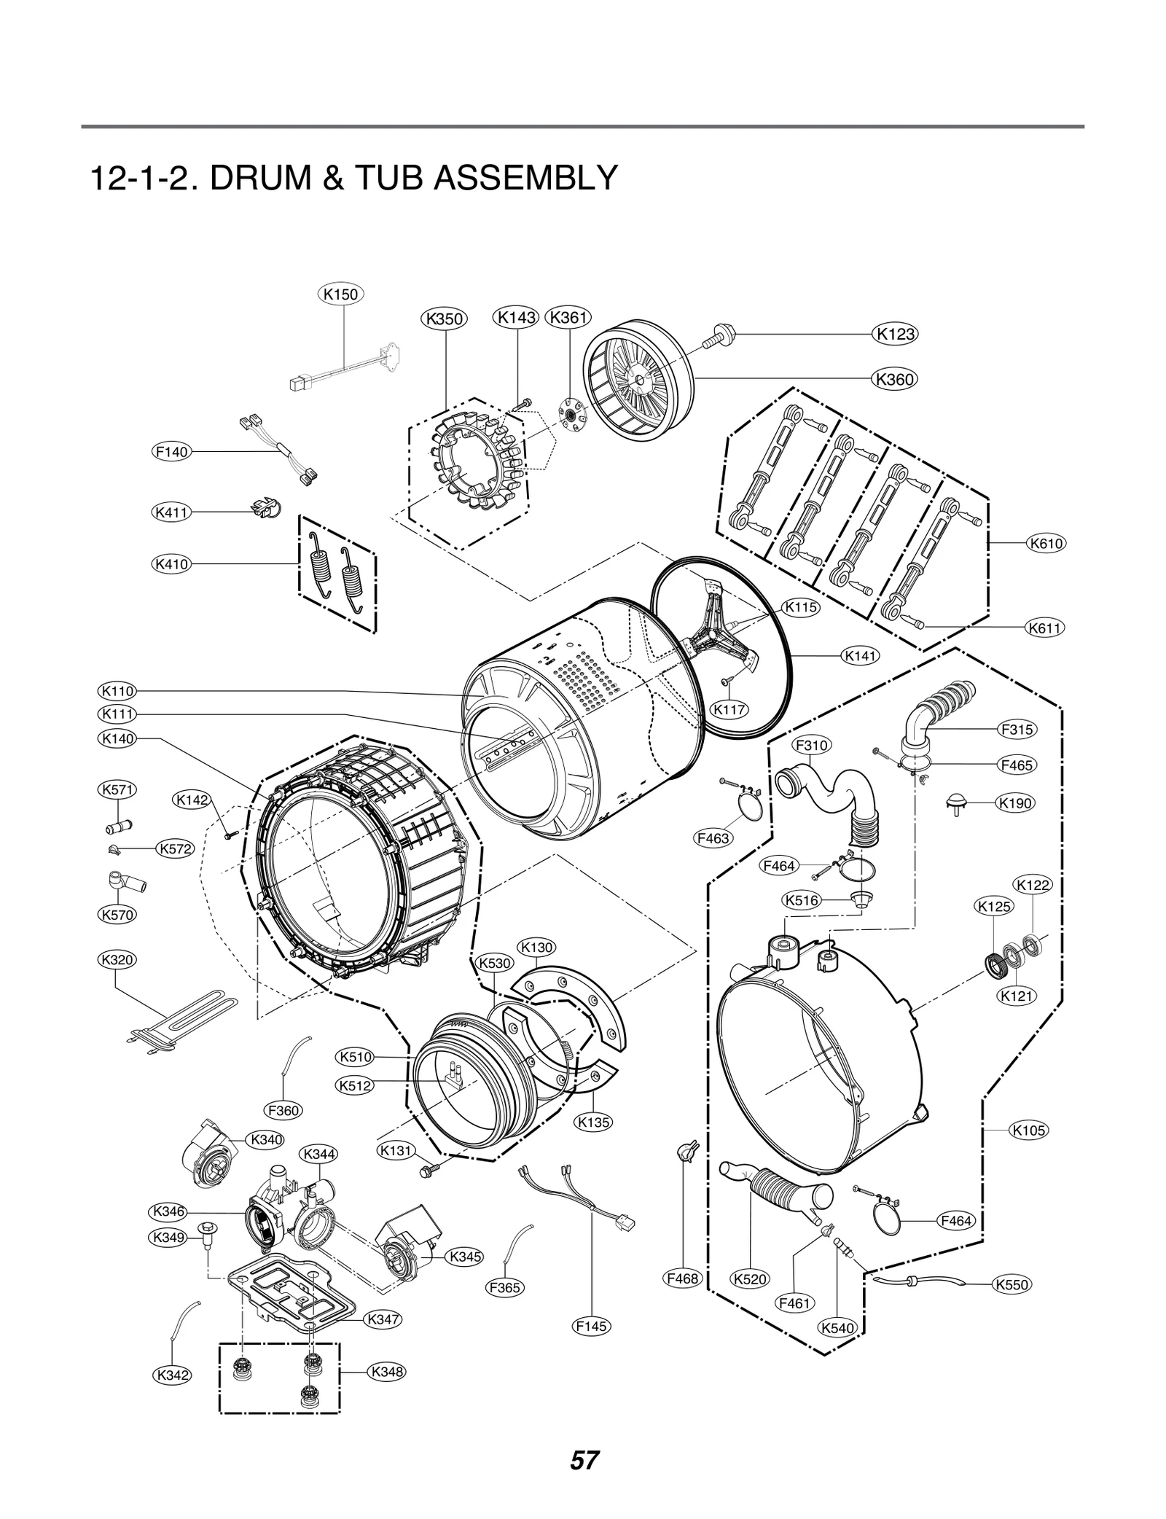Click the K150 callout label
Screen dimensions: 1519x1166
pos(340,294)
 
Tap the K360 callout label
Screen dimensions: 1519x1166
pos(894,379)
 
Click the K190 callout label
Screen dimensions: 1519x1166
pos(1014,803)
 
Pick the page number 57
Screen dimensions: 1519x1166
pos(584,1460)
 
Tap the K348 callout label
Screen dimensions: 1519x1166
pos(387,1371)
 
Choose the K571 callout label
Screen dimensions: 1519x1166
pos(117,789)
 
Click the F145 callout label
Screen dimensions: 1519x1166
pos(591,1326)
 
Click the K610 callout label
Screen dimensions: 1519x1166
pos(1046,543)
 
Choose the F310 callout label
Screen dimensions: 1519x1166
pos(811,745)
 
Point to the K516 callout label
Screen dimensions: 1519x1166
pos(802,900)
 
